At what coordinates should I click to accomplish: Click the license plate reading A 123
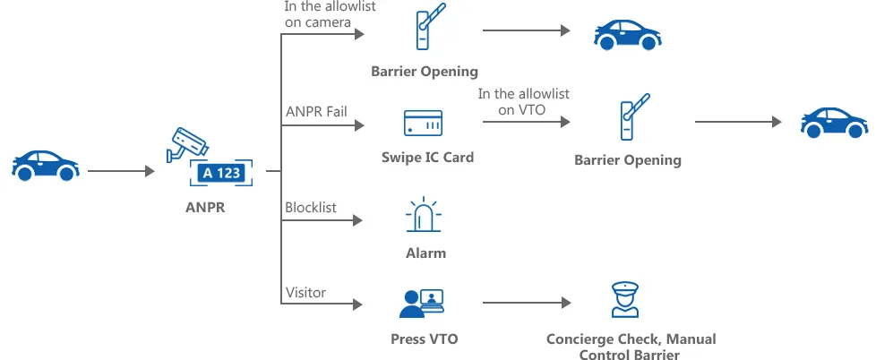coord(221,173)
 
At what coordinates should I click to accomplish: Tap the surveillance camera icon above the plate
coord(187,145)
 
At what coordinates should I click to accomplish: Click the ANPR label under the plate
coord(206,208)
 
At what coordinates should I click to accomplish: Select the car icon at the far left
coord(46,166)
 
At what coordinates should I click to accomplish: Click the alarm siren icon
coord(424,214)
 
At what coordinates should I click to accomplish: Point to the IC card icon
coord(423,123)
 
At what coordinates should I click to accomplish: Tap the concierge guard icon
coord(625,299)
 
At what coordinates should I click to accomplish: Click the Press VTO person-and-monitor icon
coord(422,303)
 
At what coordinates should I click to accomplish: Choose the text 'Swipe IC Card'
coord(428,158)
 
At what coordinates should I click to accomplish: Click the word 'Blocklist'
coord(311,208)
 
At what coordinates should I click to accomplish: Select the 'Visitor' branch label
coord(305,293)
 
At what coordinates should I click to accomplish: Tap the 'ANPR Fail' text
coord(316,111)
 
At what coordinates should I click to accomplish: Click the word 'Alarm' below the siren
coord(426,253)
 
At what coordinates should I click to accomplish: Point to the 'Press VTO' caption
coord(425,339)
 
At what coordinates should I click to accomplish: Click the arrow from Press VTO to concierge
coord(527,303)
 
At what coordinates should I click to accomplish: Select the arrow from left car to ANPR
coord(121,171)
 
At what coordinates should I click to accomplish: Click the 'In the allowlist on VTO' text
coord(523,101)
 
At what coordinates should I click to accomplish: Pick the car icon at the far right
coord(835,122)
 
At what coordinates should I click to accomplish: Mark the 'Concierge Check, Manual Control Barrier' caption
coord(631,347)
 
